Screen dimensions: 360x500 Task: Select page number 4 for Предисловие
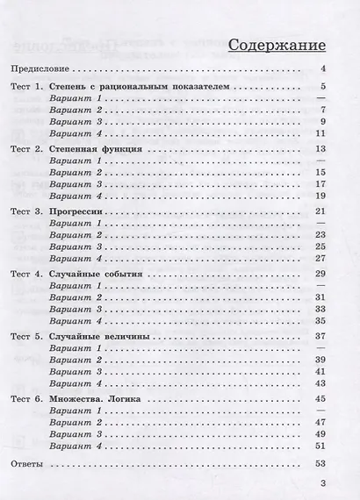coord(324,68)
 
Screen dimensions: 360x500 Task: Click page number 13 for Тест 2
coord(321,149)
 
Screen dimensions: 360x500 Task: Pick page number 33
coord(321,309)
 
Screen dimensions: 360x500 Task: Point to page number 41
coord(321,371)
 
